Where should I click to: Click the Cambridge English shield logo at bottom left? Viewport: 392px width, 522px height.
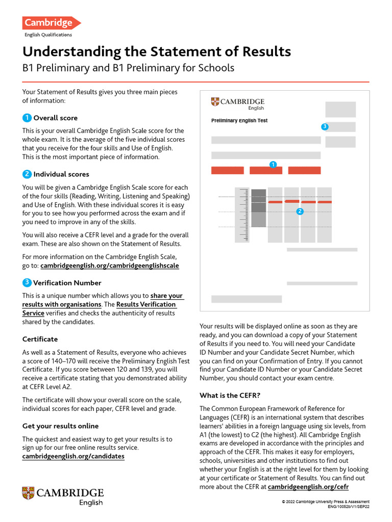[28, 493]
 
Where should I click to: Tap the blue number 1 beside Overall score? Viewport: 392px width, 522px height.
[27, 118]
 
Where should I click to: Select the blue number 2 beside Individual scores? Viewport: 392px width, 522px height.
[27, 174]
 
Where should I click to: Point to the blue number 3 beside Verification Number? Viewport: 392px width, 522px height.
[27, 283]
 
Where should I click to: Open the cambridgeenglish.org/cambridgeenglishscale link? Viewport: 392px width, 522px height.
[109, 266]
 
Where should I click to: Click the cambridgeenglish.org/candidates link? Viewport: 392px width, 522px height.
[73, 456]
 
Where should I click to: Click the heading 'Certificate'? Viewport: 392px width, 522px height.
[40, 339]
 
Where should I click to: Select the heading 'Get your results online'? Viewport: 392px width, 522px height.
[61, 426]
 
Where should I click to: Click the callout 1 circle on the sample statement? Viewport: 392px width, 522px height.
[273, 164]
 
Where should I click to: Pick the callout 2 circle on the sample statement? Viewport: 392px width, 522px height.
[300, 211]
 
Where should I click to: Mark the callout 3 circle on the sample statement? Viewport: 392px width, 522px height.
[325, 126]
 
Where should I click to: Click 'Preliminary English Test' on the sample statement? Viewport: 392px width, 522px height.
[239, 121]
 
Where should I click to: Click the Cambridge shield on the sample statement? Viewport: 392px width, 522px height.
[215, 102]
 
